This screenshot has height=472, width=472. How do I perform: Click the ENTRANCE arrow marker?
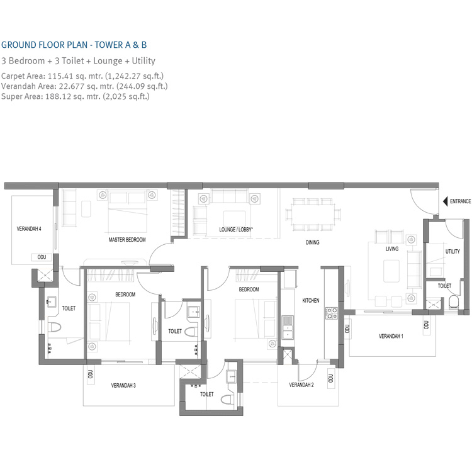click(x=444, y=201)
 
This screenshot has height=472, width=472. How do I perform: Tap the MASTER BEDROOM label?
click(x=127, y=240)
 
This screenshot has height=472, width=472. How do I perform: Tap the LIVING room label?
click(x=393, y=249)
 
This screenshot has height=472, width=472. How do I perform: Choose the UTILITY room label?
click(x=452, y=251)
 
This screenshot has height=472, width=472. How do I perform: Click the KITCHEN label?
click(x=311, y=301)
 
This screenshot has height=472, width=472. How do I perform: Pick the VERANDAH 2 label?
click(x=301, y=385)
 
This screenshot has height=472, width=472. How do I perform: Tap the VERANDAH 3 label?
click(x=124, y=385)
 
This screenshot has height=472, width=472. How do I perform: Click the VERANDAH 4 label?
click(x=29, y=230)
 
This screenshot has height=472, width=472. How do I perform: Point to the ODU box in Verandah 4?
click(x=42, y=257)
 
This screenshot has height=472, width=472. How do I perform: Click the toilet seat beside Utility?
click(x=454, y=304)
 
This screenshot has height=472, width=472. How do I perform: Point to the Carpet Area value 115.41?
click(x=60, y=76)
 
